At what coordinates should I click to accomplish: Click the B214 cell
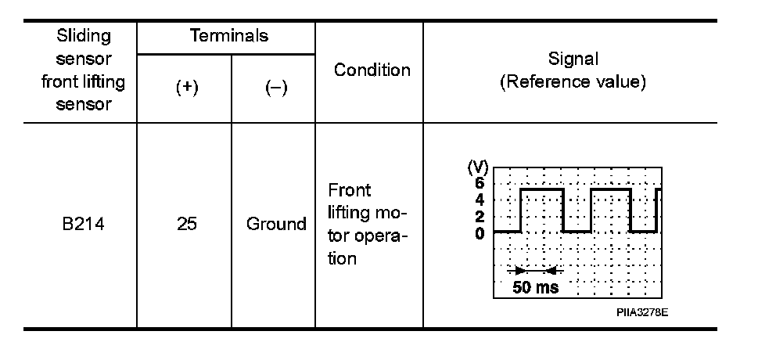pyautogui.click(x=84, y=225)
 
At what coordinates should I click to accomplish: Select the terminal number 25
pyautogui.click(x=186, y=225)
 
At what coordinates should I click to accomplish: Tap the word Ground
pyautogui.click(x=276, y=225)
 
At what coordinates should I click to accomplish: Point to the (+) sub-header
pyautogui.click(x=186, y=88)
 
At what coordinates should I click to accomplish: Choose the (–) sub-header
pyautogui.click(x=275, y=88)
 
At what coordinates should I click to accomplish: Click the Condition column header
pyautogui.click(x=372, y=70)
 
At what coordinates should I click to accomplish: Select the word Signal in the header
pyautogui.click(x=573, y=59)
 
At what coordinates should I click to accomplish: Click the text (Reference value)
pyautogui.click(x=573, y=83)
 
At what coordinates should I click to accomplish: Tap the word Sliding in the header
pyautogui.click(x=84, y=36)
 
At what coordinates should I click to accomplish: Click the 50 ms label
pyautogui.click(x=536, y=287)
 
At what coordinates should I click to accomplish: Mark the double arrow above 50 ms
pyautogui.click(x=534, y=271)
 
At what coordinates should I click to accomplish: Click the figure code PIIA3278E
pyautogui.click(x=641, y=311)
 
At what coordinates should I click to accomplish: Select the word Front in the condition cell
pyautogui.click(x=350, y=191)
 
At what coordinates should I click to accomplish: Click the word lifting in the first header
pyautogui.click(x=103, y=81)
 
